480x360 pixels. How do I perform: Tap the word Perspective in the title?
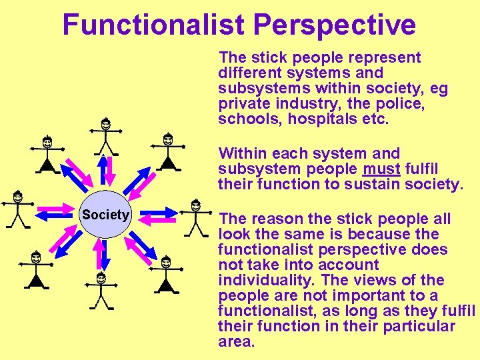pos(335,25)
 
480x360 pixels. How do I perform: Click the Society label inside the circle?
pos(105,215)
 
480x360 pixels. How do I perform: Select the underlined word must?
pos(381,169)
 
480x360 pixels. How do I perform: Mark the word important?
pos(374,295)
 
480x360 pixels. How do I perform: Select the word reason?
pos(269,219)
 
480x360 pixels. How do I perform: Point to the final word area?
pos(236,342)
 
